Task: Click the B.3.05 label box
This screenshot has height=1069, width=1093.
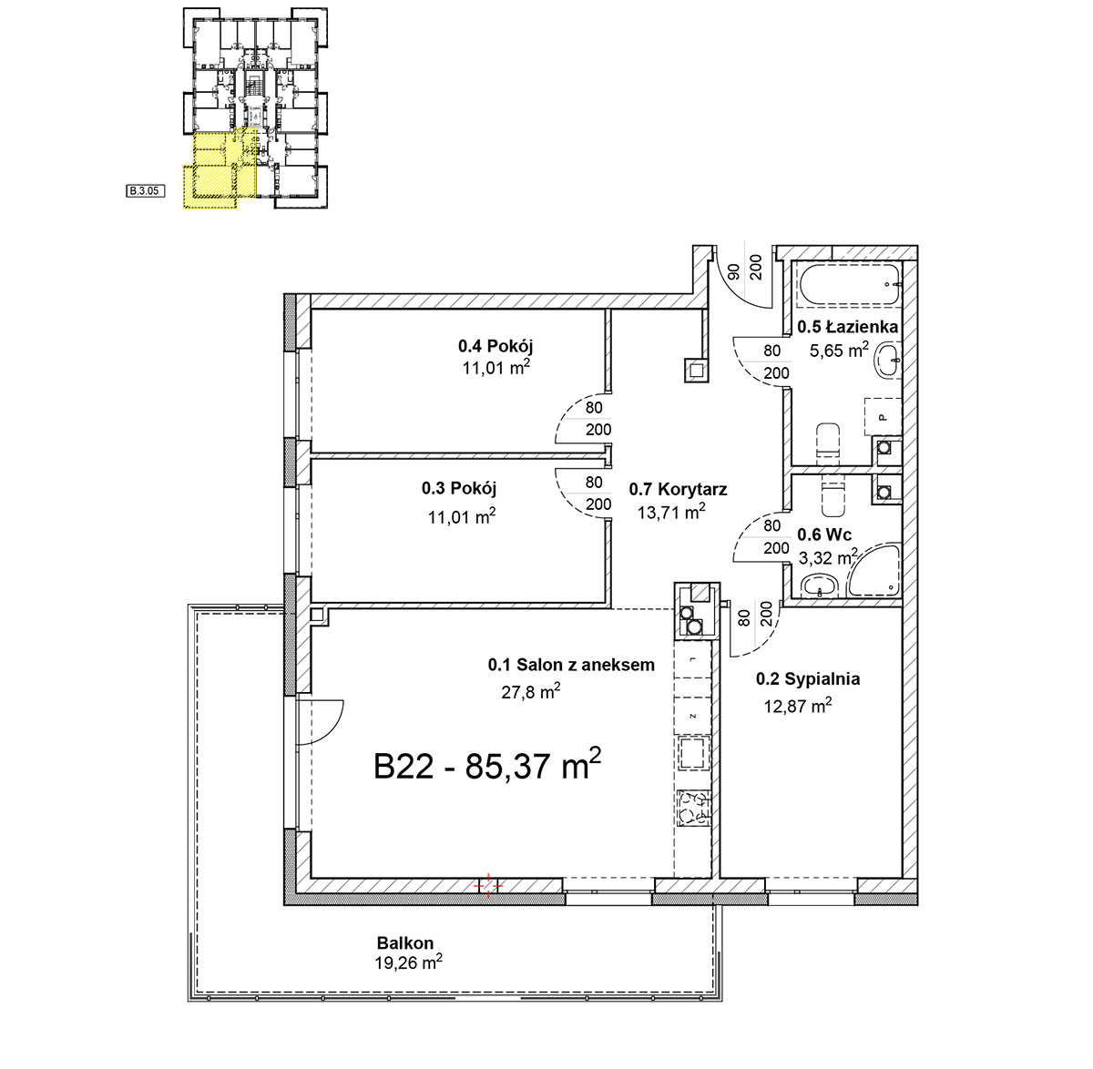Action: click(x=145, y=191)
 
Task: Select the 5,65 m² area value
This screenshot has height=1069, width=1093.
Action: click(x=839, y=350)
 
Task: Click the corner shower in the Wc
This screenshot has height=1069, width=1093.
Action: click(x=874, y=569)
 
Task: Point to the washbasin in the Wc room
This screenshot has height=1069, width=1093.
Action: click(x=820, y=586)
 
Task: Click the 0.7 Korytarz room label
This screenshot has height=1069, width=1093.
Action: click(x=678, y=489)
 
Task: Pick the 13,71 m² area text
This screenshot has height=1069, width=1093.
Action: click(x=671, y=512)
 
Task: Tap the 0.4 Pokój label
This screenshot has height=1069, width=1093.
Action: click(x=495, y=345)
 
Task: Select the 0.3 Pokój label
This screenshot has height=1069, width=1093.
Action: click(x=459, y=488)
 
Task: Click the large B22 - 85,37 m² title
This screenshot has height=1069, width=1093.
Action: click(x=487, y=764)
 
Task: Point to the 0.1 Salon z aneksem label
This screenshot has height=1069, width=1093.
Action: click(x=571, y=665)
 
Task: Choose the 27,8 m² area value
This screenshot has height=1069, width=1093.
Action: click(x=531, y=691)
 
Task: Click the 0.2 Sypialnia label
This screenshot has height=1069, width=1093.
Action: click(x=808, y=679)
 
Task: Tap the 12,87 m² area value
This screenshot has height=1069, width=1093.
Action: click(x=798, y=705)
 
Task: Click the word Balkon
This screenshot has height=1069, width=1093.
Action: click(x=405, y=942)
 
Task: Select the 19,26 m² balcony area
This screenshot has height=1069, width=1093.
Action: click(x=408, y=963)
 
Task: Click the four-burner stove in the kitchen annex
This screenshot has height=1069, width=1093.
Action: click(x=694, y=808)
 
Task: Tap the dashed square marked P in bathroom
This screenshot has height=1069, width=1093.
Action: click(x=883, y=417)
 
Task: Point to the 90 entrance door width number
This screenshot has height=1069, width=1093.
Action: click(x=732, y=272)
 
